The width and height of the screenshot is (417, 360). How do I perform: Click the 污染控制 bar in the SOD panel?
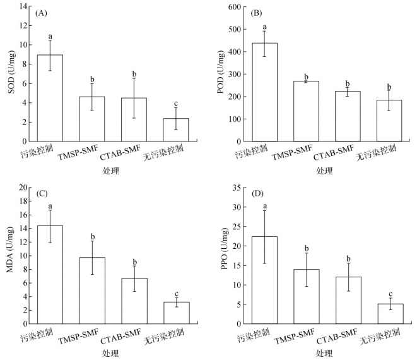[x=49, y=98]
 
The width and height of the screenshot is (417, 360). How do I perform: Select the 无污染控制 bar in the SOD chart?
[x=175, y=129]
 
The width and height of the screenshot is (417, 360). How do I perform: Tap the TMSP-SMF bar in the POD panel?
[x=306, y=111]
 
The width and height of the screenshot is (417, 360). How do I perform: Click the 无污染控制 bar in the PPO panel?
[x=389, y=314]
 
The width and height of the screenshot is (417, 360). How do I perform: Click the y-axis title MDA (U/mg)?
[x=10, y=255]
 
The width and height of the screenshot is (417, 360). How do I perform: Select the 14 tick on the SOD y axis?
[x=23, y=7]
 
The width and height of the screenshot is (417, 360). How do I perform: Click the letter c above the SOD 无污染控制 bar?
[x=175, y=104]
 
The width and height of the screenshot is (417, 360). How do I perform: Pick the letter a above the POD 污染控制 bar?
[x=264, y=27]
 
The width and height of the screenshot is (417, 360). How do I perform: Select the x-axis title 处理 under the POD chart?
[x=324, y=171]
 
